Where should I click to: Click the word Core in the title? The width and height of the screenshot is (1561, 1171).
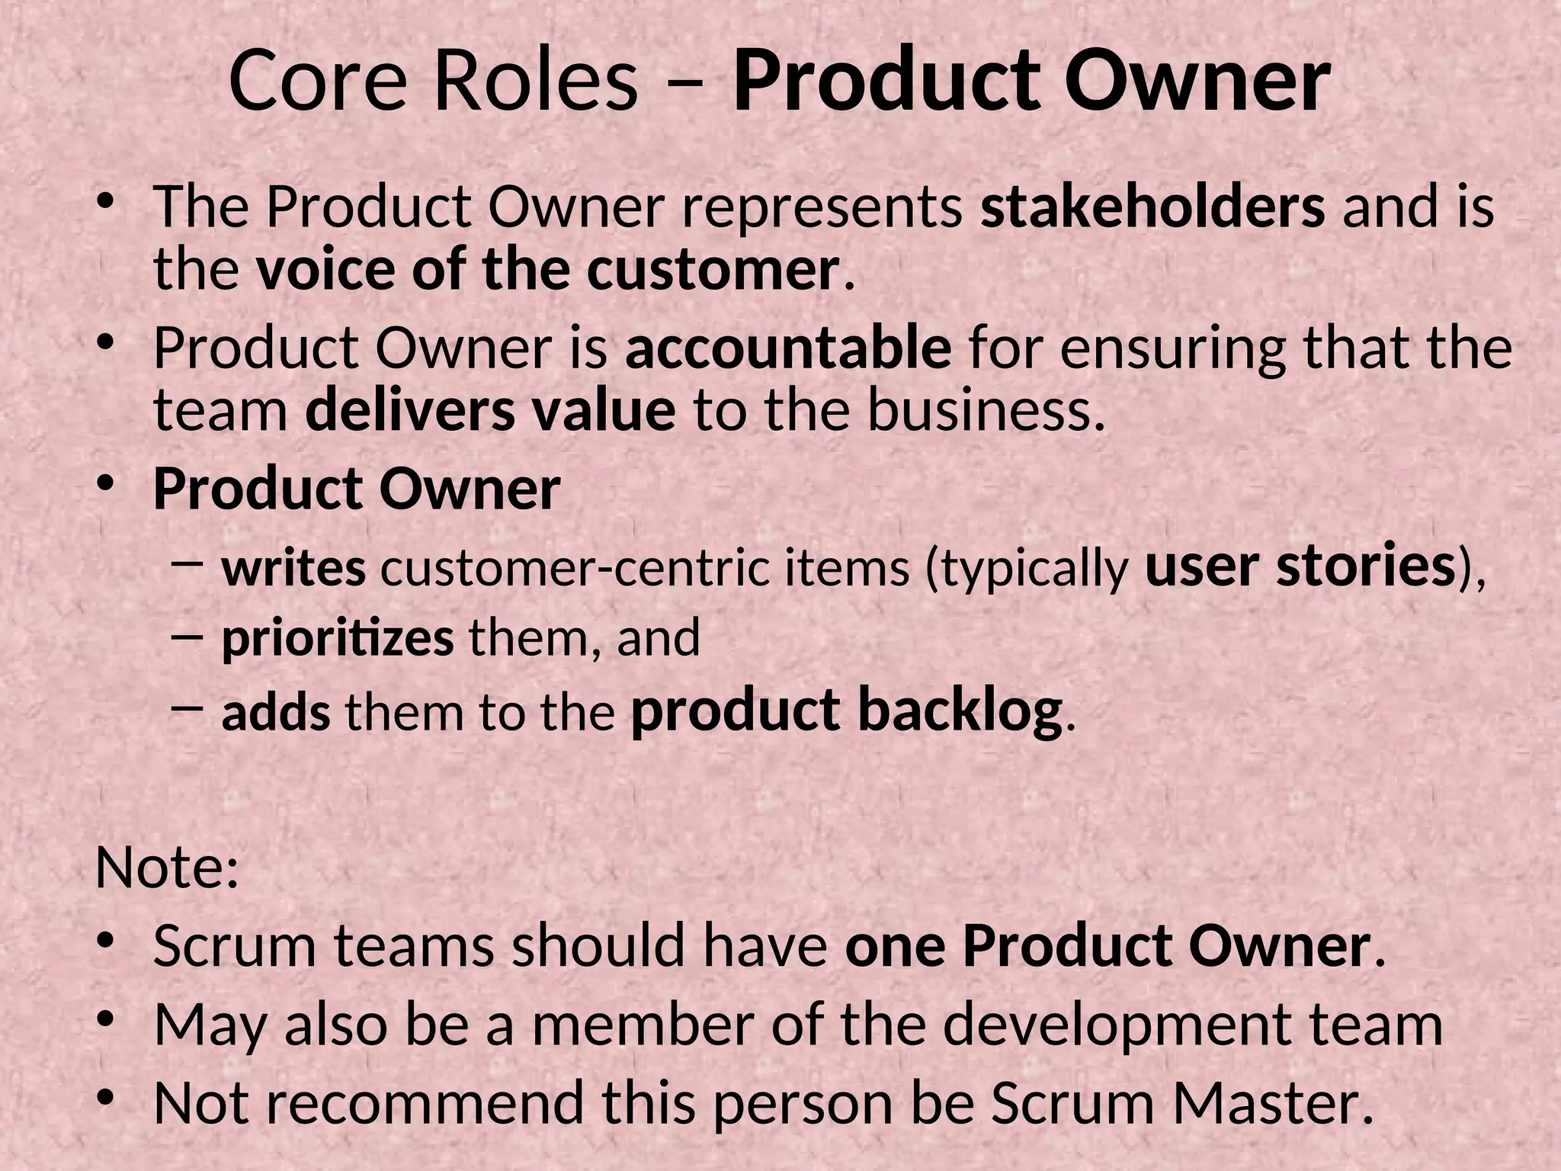(317, 81)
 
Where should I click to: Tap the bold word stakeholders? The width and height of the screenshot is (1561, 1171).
(1152, 207)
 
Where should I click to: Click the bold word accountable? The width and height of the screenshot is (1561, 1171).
(788, 348)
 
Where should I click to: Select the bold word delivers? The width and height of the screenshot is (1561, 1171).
(410, 409)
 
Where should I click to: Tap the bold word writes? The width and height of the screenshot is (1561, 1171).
(293, 568)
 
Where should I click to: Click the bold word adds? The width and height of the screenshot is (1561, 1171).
(276, 712)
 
